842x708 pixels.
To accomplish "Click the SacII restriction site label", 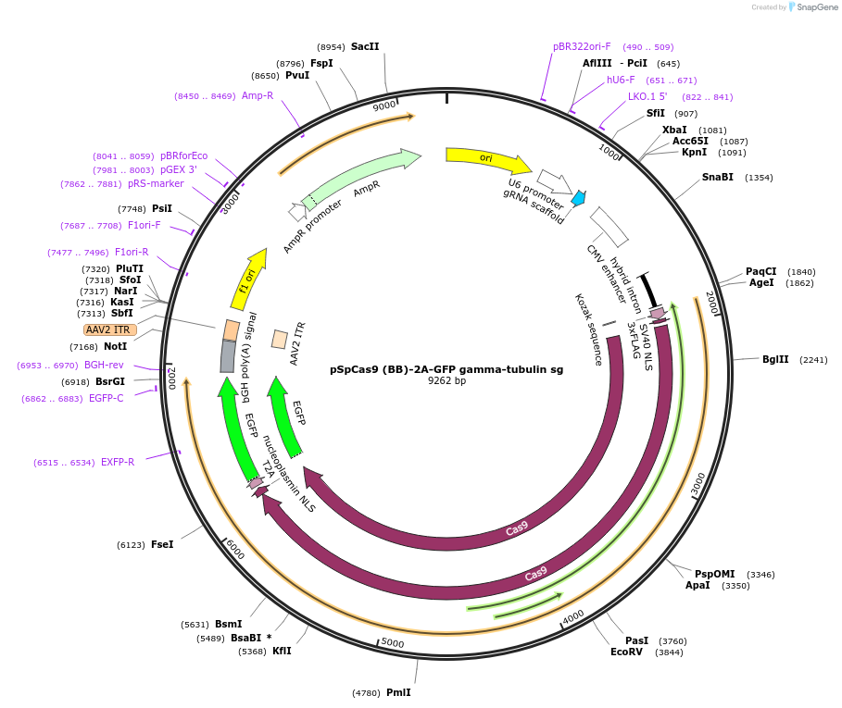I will [x=365, y=46].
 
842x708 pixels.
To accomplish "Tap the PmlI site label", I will [x=398, y=692].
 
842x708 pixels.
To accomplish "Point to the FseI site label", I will [x=162, y=544].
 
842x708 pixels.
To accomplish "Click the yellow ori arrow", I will [x=487, y=159].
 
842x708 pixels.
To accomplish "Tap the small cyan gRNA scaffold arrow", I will [x=578, y=197].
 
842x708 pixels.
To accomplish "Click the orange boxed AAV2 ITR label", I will [x=109, y=329].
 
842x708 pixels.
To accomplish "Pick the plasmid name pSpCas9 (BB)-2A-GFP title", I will [x=446, y=368].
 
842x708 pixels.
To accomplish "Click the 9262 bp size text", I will [x=446, y=380].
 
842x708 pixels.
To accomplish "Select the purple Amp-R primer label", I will [x=258, y=95].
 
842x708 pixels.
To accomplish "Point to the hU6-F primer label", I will [x=621, y=80].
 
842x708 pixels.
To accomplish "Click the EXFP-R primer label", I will [x=118, y=462].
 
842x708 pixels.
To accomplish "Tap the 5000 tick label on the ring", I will [x=393, y=643].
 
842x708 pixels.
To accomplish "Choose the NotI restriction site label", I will [x=116, y=346].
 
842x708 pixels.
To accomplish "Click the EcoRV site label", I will [x=626, y=652].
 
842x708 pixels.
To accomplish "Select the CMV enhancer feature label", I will [x=607, y=274].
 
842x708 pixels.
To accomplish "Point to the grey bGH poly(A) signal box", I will [x=228, y=356].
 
